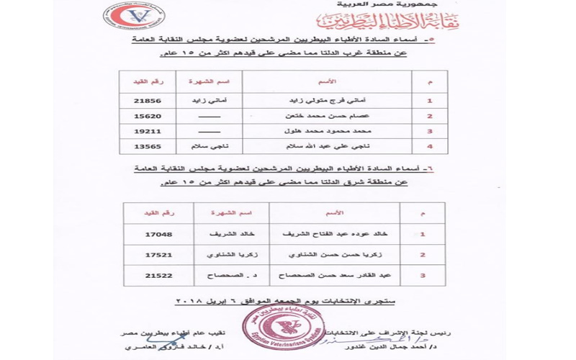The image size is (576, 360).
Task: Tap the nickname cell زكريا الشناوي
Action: coord(231,255)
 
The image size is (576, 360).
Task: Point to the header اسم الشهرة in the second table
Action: coord(231,213)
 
